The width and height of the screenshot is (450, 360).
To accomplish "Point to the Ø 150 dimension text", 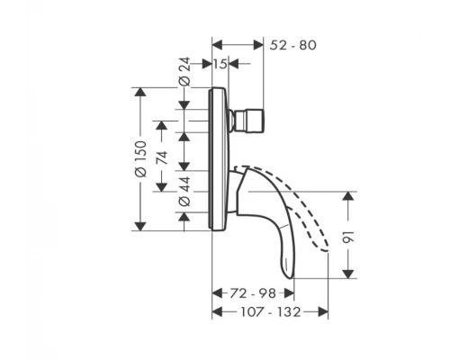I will tap(139, 158).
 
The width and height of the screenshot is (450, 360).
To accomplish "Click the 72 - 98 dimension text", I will tap(250, 293).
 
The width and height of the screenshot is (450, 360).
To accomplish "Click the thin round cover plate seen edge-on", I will tap(216, 158).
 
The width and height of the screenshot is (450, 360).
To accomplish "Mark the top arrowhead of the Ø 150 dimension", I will tap(139, 91).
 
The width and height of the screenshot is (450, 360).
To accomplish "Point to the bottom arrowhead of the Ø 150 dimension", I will tap(139, 227).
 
